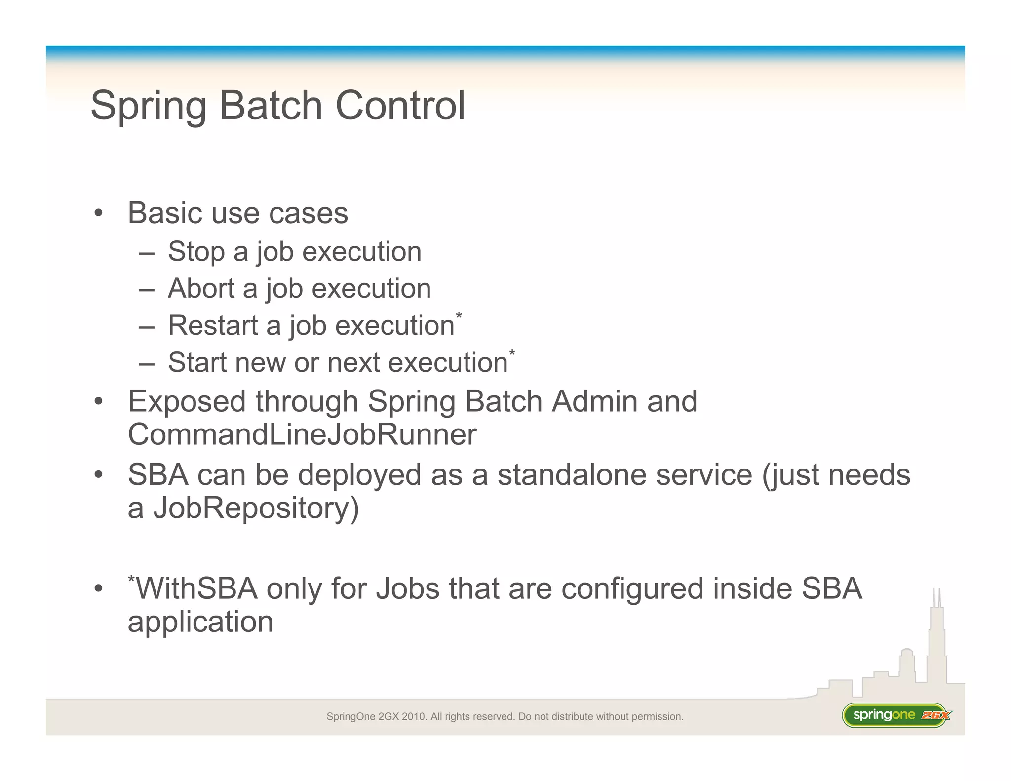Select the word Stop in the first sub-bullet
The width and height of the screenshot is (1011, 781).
196,252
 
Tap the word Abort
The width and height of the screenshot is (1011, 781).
201,288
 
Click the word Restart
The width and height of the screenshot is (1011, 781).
213,326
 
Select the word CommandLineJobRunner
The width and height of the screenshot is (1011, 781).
302,434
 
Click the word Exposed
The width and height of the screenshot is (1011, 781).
187,401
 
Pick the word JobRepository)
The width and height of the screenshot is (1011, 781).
256,508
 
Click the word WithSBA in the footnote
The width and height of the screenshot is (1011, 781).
196,588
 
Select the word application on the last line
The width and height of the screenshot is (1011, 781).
200,622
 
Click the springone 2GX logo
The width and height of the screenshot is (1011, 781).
896,715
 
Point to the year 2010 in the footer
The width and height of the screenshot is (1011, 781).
414,716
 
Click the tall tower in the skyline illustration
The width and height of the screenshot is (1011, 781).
936,642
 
